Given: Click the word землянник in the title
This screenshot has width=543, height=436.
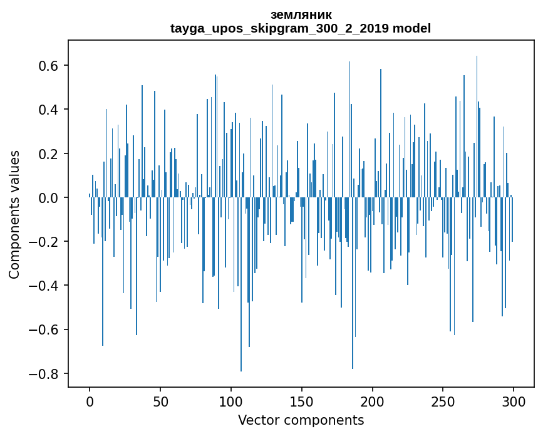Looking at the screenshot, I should pyautogui.click(x=301, y=14).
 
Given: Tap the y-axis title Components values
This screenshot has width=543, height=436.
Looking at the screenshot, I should pyautogui.click(x=14, y=214).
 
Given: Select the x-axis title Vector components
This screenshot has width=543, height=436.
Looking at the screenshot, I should pyautogui.click(x=301, y=420).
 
